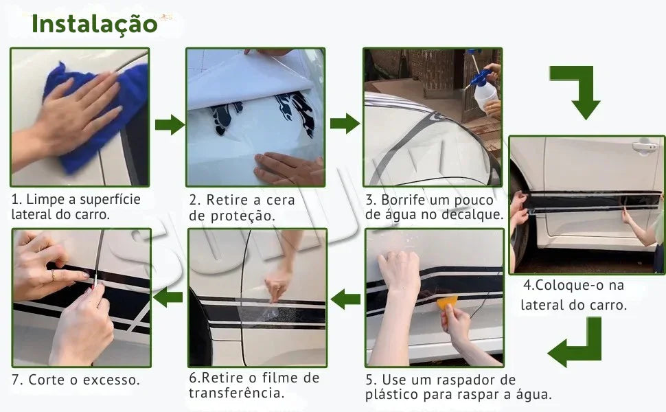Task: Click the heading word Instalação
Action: point(94,24)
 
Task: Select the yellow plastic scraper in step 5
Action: point(447,302)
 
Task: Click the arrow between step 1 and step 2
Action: point(170,124)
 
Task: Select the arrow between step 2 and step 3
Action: point(345,124)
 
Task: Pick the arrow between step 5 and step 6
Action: point(345,299)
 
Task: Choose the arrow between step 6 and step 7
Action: point(168,297)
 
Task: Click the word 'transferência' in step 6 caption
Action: point(236,393)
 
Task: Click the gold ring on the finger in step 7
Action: point(53,275)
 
